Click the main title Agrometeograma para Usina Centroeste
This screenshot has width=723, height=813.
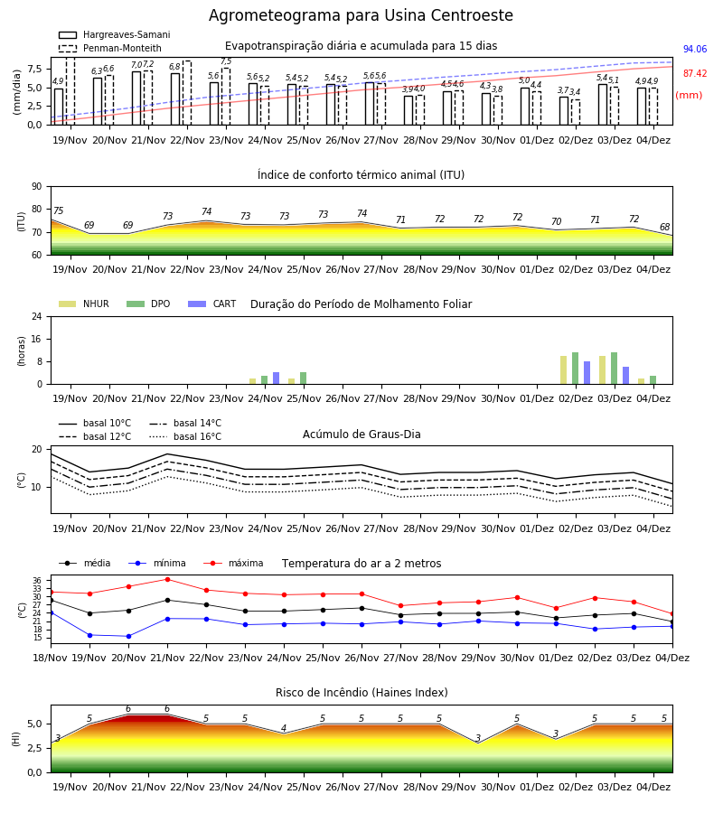click(361, 15)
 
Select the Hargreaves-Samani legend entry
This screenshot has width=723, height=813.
click(115, 34)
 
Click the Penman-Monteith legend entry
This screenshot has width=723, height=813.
click(110, 48)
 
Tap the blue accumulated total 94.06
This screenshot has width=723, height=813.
click(695, 50)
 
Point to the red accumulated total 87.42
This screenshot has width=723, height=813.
click(695, 74)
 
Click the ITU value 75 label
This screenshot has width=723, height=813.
click(58, 210)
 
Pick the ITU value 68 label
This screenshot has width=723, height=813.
click(665, 227)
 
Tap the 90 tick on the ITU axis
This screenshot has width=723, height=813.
click(37, 187)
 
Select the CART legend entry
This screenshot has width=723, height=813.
click(212, 304)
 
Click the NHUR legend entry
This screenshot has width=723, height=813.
click(84, 304)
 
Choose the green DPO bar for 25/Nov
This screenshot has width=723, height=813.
click(304, 378)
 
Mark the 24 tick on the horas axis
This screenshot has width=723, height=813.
click(37, 316)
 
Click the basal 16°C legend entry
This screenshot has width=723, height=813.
click(185, 436)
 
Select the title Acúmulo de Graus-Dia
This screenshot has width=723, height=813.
click(361, 435)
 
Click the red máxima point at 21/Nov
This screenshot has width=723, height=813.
click(167, 579)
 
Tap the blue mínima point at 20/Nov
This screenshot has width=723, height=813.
click(128, 636)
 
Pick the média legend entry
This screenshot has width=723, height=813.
click(85, 563)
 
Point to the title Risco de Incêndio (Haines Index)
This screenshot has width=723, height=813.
click(361, 693)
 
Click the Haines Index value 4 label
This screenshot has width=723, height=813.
click(284, 728)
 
